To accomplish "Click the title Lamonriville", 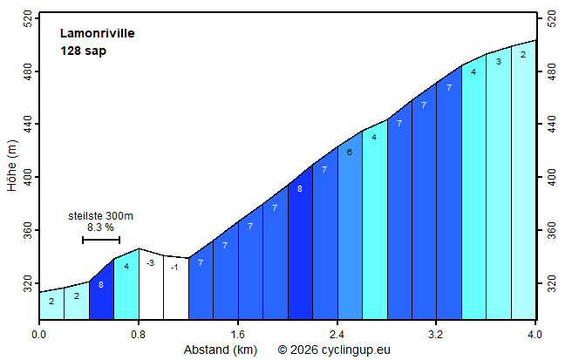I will click(98, 34).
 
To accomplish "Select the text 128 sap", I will click(83, 51).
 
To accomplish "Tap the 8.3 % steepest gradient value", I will click(100, 228).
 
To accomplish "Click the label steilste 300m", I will click(100, 215).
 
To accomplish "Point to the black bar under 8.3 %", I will click(101, 240).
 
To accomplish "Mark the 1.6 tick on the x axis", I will click(237, 333).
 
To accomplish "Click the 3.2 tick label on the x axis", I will click(436, 333).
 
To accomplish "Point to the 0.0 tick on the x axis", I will click(39, 333).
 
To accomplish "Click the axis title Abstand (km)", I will click(220, 350).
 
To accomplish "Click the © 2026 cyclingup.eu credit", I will click(334, 350).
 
